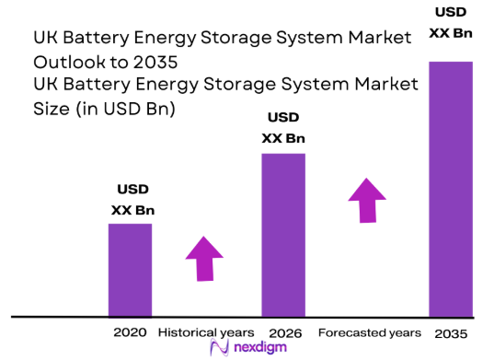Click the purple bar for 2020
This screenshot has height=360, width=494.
click(x=130, y=270)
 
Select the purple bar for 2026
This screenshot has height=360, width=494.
click(x=283, y=235)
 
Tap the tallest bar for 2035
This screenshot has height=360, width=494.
click(x=450, y=189)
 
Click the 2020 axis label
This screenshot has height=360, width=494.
click(x=130, y=331)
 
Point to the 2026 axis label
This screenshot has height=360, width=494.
click(x=285, y=331)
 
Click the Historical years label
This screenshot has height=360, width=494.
click(x=206, y=331)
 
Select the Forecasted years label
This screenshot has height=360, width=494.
click(x=369, y=331)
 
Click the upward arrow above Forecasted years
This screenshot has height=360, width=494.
click(x=367, y=200)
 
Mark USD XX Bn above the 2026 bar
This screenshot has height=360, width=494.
click(x=283, y=128)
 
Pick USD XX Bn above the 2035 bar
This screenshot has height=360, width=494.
click(x=451, y=23)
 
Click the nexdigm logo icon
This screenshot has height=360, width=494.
click(x=219, y=347)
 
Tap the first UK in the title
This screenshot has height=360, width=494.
click(x=43, y=40)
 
